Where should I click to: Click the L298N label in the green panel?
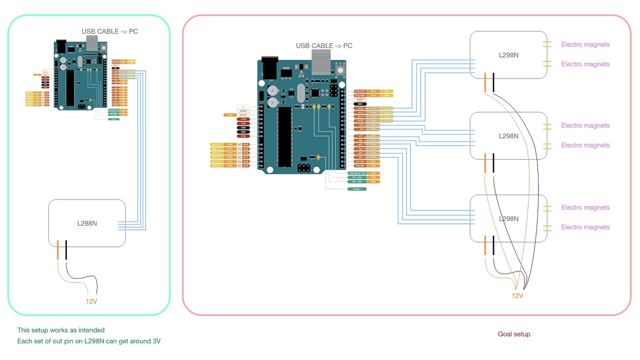point(87,223)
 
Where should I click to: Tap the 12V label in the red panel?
point(517,296)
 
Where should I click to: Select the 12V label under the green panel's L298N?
point(91,301)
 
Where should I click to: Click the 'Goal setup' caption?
point(514,334)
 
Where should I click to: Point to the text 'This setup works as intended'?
point(61,330)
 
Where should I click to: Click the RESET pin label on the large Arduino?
point(243,115)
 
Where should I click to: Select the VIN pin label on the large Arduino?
point(243,136)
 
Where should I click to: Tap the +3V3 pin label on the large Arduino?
point(243,119)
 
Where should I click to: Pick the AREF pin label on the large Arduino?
point(360,99)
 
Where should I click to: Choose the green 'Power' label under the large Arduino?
point(357,189)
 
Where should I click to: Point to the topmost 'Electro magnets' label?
point(585,45)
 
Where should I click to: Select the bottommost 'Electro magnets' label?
point(585,227)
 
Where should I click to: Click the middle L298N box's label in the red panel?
point(509,136)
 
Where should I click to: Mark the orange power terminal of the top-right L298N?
point(485,83)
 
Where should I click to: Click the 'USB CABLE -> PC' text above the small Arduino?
point(110,32)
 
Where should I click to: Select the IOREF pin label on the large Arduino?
point(243,111)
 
